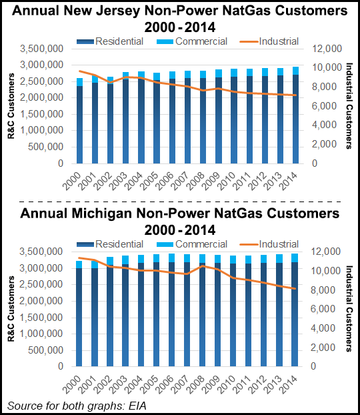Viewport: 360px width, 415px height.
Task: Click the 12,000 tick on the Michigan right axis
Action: tap(328, 252)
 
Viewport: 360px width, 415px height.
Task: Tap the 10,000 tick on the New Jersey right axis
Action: tap(328, 68)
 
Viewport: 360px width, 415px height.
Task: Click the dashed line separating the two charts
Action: tap(180, 199)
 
